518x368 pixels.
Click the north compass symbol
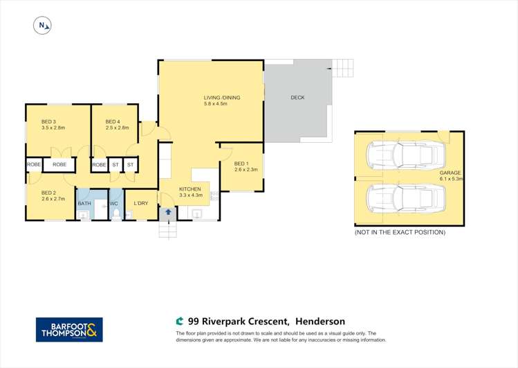(43, 26)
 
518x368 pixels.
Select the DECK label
(297, 98)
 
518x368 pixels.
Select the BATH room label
(84, 203)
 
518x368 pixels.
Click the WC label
(114, 204)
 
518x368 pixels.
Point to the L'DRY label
(140, 203)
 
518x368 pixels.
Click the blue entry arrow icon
(168, 213)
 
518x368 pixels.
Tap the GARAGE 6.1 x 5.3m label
(450, 175)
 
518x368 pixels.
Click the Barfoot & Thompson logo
(69, 329)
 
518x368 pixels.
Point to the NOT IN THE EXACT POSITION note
(400, 232)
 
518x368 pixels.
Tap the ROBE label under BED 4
(99, 165)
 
